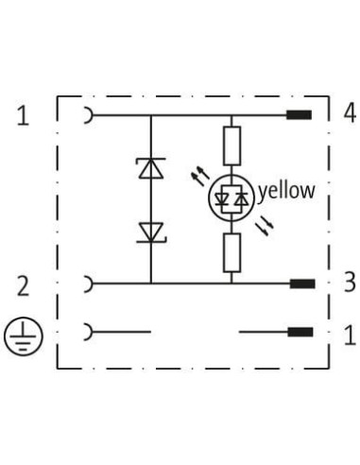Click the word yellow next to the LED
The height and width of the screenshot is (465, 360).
286,192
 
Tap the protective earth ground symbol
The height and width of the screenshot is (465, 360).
23,336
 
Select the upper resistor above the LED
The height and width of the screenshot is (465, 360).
232,146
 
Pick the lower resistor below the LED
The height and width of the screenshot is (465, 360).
232,252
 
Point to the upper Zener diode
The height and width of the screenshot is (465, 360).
151,168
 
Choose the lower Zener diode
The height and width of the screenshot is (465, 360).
151,232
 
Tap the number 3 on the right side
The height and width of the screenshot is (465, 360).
350,282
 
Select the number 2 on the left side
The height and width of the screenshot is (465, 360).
23,285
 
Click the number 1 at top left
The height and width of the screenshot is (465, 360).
23,115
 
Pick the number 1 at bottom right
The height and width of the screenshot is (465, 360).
350,336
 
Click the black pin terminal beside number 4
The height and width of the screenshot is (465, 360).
299,115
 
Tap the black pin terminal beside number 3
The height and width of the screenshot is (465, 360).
302,284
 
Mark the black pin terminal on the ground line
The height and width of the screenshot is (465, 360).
300,332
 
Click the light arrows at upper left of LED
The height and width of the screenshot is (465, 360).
200,177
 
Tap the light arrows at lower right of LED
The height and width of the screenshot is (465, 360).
265,227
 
